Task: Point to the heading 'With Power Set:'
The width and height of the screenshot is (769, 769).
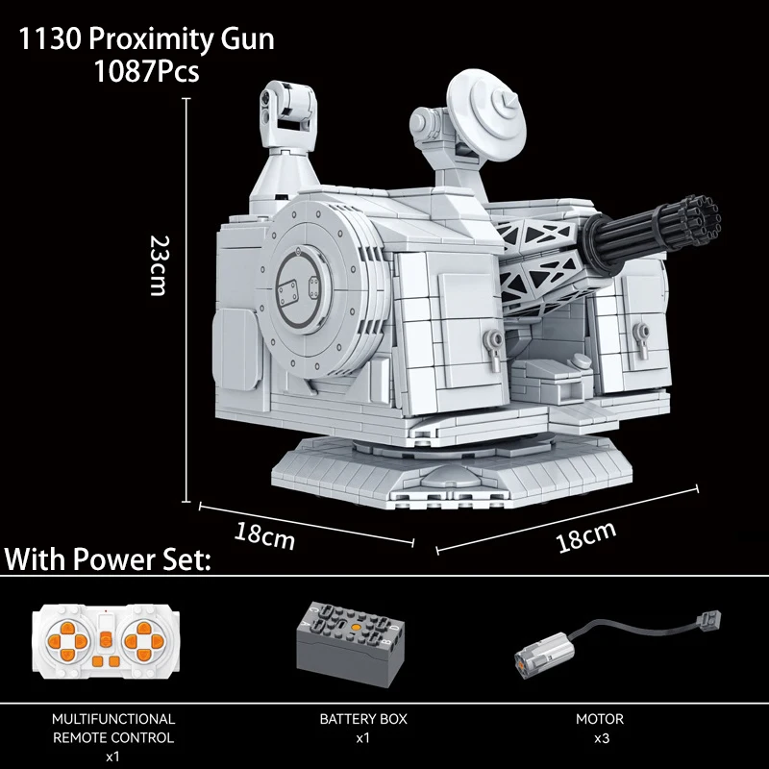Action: [x=109, y=559]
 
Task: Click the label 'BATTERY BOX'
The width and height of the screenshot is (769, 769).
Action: [x=363, y=718]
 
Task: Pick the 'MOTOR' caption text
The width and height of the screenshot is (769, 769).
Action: [x=600, y=718]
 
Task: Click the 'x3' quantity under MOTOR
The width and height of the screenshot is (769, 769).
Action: [x=600, y=738]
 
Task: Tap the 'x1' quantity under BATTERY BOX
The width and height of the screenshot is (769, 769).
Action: [x=363, y=738]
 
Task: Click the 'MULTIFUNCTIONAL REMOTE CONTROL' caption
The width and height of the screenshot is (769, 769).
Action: [x=113, y=728]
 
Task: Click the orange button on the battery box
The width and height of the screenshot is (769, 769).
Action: [x=358, y=627]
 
